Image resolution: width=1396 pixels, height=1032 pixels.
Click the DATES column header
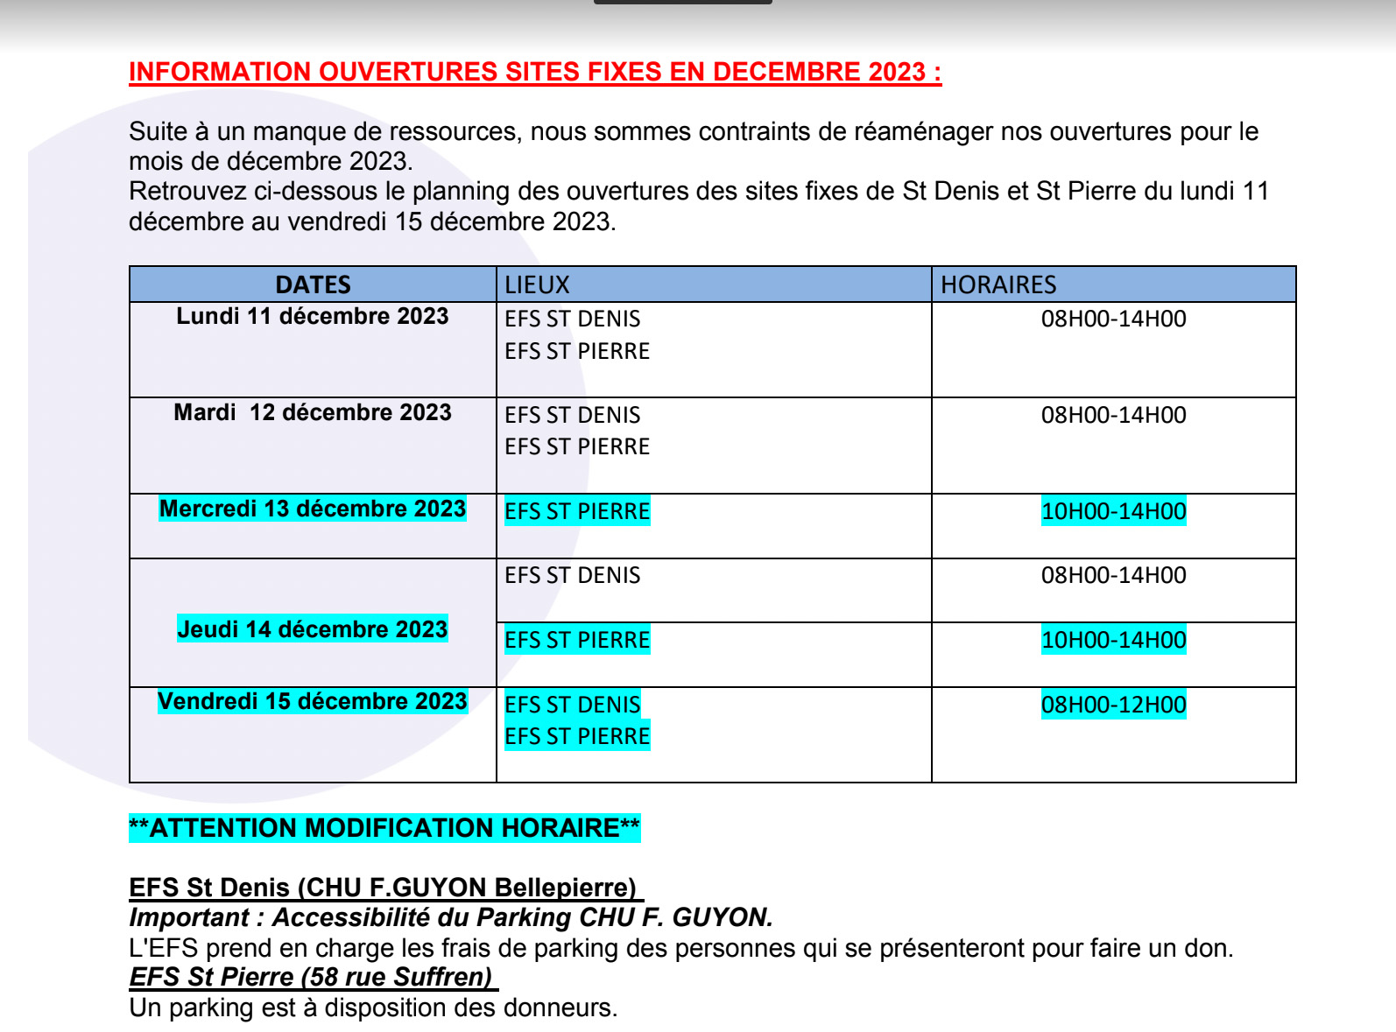(x=313, y=284)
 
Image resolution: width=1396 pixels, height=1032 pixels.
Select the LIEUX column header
(x=537, y=284)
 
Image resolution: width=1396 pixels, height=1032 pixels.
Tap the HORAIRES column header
(x=998, y=284)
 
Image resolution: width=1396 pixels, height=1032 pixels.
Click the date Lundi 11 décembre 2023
(x=313, y=316)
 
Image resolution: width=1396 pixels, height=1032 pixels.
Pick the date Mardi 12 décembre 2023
(x=313, y=412)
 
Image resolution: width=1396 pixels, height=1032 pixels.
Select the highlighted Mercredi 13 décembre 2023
(x=313, y=509)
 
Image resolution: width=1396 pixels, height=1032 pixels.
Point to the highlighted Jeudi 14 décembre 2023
(x=313, y=629)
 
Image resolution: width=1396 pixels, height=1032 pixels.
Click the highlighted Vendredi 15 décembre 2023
(x=313, y=701)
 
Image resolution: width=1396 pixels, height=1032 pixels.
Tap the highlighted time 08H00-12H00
(x=1113, y=705)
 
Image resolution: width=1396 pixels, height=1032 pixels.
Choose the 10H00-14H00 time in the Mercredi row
(x=1113, y=511)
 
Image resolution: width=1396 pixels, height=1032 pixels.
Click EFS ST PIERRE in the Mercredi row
(x=577, y=511)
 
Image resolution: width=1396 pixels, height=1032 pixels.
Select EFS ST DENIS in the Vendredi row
(x=573, y=705)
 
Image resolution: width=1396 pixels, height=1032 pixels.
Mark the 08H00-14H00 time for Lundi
(x=1113, y=319)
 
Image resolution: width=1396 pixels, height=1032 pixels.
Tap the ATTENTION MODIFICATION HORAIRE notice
(x=384, y=828)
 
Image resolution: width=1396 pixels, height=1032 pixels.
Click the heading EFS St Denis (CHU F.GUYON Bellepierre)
(x=383, y=888)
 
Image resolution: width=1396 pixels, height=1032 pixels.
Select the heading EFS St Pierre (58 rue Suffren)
(x=311, y=977)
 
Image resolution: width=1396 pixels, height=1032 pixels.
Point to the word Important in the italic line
(x=189, y=917)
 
